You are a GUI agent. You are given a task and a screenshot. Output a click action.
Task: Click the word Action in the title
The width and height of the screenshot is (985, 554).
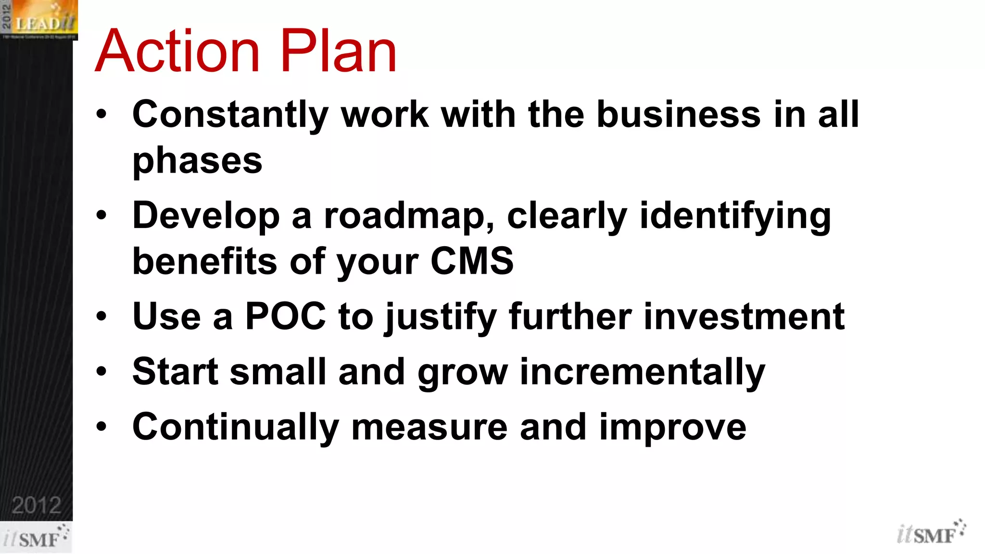[x=177, y=51]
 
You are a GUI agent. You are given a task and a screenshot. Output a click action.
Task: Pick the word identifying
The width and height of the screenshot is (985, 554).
[x=735, y=216]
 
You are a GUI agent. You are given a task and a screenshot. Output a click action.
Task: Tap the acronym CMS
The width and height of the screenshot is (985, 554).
[x=472, y=261]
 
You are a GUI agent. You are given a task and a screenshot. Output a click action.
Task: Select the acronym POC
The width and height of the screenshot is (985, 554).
[x=285, y=316]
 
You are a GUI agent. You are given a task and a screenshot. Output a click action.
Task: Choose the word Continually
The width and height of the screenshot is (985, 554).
[x=236, y=428]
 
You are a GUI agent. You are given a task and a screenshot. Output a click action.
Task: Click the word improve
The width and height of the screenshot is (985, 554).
[x=672, y=428]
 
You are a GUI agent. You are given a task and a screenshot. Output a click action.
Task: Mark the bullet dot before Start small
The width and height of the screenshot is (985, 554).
[x=101, y=371]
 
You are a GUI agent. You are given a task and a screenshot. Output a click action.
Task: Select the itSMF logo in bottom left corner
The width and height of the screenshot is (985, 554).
[x=36, y=537]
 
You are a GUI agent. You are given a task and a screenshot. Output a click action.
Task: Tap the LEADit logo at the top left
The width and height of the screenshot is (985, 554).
[x=39, y=20]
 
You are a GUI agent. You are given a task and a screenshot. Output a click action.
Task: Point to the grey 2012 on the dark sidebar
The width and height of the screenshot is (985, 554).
[x=37, y=505]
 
